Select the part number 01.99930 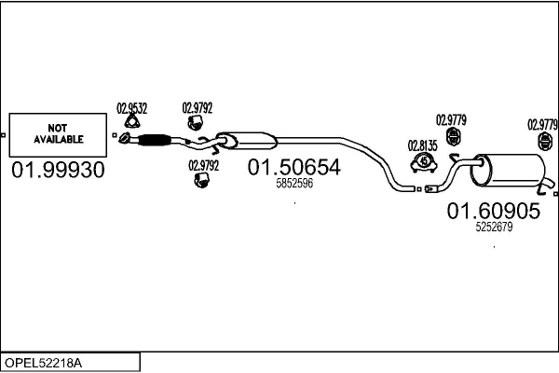click(x=58, y=171)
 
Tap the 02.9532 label click(x=131, y=108)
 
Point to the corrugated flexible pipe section click(x=155, y=141)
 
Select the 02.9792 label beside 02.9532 click(x=197, y=108)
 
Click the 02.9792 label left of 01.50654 click(x=203, y=165)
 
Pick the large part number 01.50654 click(x=293, y=168)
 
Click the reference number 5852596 click(x=294, y=184)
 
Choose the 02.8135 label click(x=423, y=145)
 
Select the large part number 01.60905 click(x=494, y=212)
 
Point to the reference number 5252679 click(x=494, y=228)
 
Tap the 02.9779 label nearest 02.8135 click(x=452, y=119)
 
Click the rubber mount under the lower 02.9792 click(x=200, y=180)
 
